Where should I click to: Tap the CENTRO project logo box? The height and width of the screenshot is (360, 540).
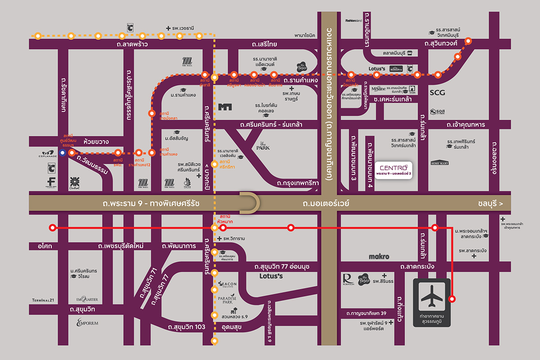[394, 170]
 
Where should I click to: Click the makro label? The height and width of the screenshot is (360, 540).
[379, 256]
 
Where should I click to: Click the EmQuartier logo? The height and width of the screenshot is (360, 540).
[87, 300]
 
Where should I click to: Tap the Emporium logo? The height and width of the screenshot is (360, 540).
[87, 322]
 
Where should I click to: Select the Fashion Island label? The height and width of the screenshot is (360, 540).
[354, 21]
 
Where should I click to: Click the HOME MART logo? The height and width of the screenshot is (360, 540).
[440, 163]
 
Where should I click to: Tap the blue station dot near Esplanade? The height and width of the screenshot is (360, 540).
[62, 153]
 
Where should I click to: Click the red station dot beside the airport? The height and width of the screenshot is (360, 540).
[452, 298]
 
